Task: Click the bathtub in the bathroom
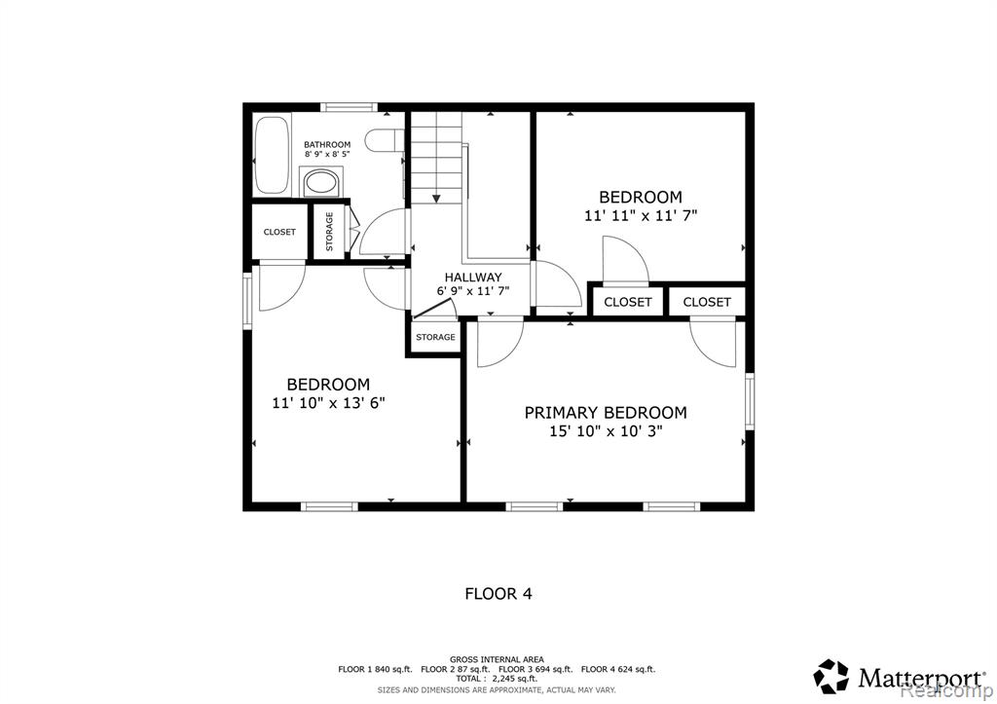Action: point(273,154)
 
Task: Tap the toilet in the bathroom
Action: point(386,140)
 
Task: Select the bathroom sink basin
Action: point(321,183)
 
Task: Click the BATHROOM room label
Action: point(327,144)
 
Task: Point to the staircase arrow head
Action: point(436,199)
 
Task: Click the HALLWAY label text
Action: point(473,278)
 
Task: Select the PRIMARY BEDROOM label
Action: point(606,413)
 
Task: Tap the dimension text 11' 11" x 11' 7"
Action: point(641,215)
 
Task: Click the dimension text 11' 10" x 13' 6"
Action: point(329,402)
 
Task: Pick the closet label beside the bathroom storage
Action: point(279,232)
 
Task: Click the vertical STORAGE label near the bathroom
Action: point(329,232)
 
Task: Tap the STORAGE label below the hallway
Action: point(435,337)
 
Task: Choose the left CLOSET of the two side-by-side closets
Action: point(628,302)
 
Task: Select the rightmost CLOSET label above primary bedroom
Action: point(707,302)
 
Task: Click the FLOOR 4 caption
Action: point(498,594)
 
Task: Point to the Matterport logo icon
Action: point(831,676)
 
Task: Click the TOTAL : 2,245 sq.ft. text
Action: point(497,679)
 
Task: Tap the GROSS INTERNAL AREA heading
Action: point(497,660)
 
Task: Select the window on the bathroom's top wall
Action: point(349,107)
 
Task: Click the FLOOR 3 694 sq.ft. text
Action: point(535,670)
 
